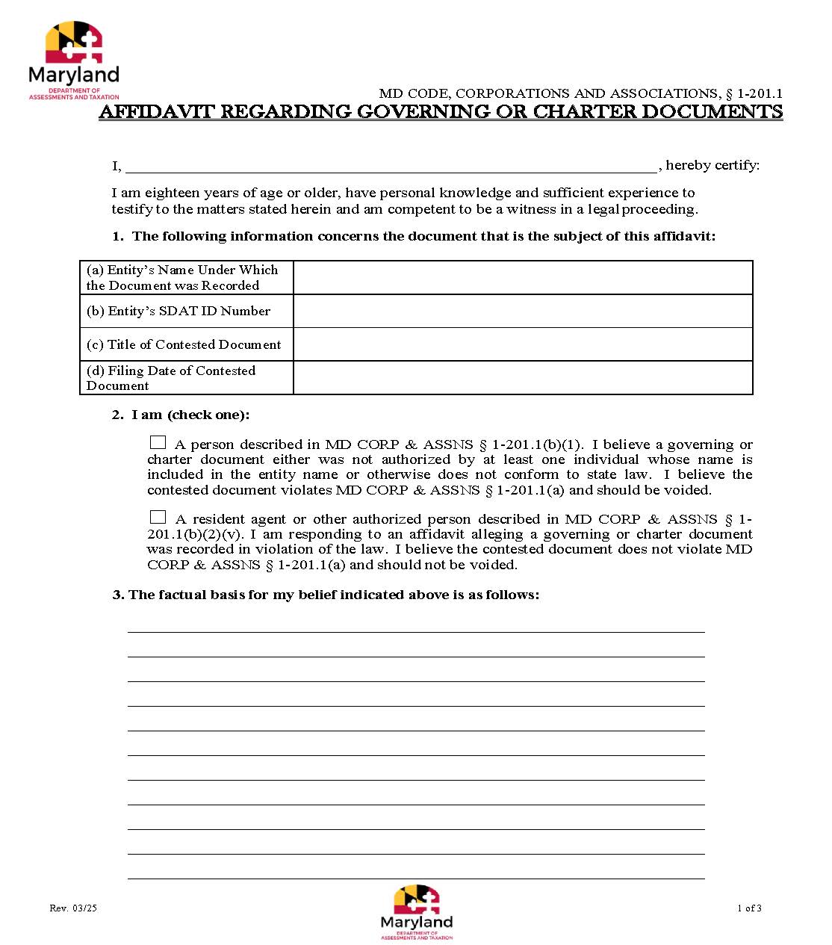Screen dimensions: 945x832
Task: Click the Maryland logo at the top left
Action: coord(73,60)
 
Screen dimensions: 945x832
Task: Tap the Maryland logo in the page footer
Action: coord(417,911)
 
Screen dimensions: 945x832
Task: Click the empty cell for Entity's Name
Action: coord(523,278)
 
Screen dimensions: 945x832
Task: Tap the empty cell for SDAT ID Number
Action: coord(523,311)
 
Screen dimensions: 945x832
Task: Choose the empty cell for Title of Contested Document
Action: coord(523,344)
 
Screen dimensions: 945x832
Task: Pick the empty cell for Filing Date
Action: coord(523,378)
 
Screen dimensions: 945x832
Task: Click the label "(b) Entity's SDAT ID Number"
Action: coord(178,312)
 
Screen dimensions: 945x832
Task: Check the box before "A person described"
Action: coord(158,442)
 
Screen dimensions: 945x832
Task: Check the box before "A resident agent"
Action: coord(158,517)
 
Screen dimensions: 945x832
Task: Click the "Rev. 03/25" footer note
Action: coord(73,908)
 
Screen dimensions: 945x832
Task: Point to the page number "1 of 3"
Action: coord(749,908)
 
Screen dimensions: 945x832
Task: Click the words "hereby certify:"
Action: coord(713,165)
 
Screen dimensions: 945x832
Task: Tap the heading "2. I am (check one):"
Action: coord(181,415)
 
